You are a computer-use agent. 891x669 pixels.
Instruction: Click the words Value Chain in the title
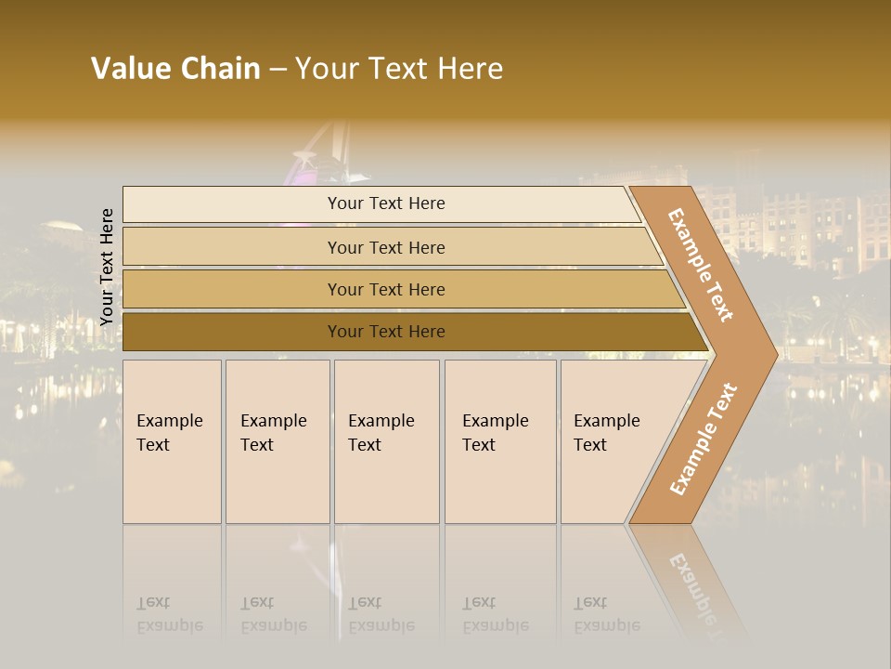[175, 69]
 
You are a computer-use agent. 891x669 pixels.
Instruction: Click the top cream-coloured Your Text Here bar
[386, 203]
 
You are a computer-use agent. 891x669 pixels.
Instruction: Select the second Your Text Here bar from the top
[386, 247]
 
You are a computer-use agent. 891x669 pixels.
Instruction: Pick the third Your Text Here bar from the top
[386, 289]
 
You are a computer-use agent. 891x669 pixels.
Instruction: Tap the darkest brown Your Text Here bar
[386, 332]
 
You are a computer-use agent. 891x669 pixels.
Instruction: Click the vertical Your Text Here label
[107, 267]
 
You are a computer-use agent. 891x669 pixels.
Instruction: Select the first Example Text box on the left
[172, 441]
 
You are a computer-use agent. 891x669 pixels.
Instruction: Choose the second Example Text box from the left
[277, 441]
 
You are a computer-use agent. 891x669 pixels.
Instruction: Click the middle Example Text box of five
[386, 441]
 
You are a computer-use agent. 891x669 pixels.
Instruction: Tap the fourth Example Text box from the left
[499, 441]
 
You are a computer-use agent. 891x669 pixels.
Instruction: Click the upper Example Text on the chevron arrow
[701, 264]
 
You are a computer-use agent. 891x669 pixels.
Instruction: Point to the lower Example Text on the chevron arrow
[704, 439]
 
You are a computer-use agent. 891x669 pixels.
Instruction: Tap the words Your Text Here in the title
[399, 69]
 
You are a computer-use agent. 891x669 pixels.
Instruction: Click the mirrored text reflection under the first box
[170, 615]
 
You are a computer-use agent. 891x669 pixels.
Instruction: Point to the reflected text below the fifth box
[606, 615]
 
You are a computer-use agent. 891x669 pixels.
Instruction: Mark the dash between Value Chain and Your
[278, 70]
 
